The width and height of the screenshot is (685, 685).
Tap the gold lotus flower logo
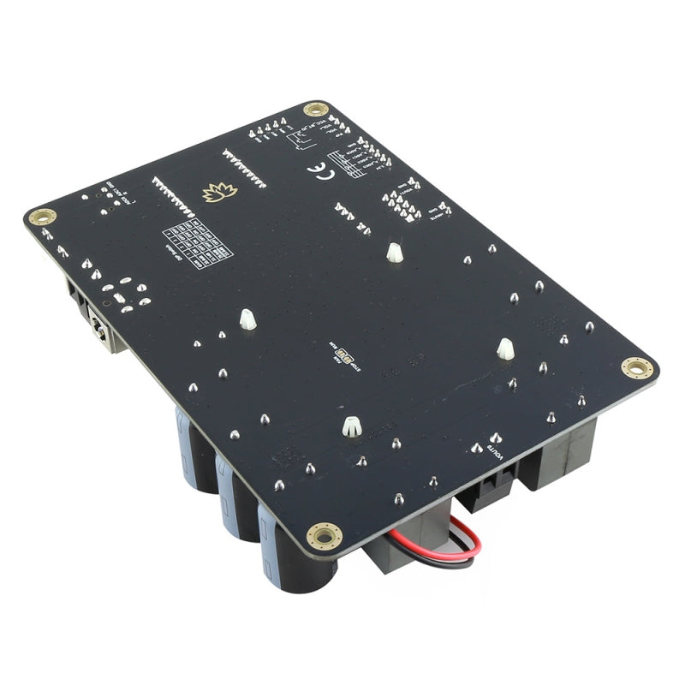click(220, 193)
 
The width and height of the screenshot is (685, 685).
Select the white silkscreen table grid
click(198, 243)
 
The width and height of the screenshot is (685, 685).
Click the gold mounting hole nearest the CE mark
click(316, 110)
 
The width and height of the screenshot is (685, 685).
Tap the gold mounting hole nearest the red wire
click(325, 535)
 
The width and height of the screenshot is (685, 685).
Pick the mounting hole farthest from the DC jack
click(637, 368)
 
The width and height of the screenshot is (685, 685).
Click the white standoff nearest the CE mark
click(394, 252)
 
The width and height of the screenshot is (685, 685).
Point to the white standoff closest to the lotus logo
click(247, 320)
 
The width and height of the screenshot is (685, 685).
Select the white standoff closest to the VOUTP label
click(505, 348)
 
